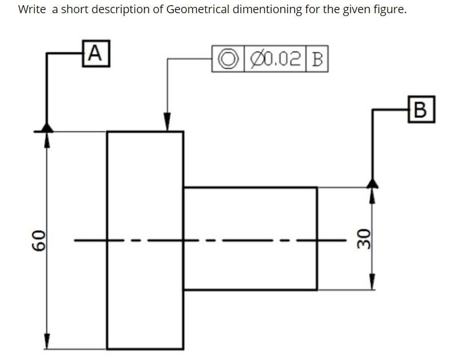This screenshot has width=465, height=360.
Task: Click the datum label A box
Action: [x=96, y=53]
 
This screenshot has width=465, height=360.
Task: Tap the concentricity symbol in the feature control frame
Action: [x=228, y=60]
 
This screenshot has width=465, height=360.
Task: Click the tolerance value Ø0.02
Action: [x=277, y=60]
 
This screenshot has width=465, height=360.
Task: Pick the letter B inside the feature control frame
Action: [x=319, y=60]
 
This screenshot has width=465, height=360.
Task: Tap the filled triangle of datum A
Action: [x=47, y=126]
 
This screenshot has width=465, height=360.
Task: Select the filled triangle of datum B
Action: [x=373, y=182]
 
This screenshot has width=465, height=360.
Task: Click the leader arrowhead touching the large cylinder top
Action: [x=167, y=124]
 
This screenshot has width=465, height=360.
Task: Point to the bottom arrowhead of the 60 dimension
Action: [x=47, y=342]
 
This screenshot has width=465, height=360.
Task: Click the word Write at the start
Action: [x=32, y=10]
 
